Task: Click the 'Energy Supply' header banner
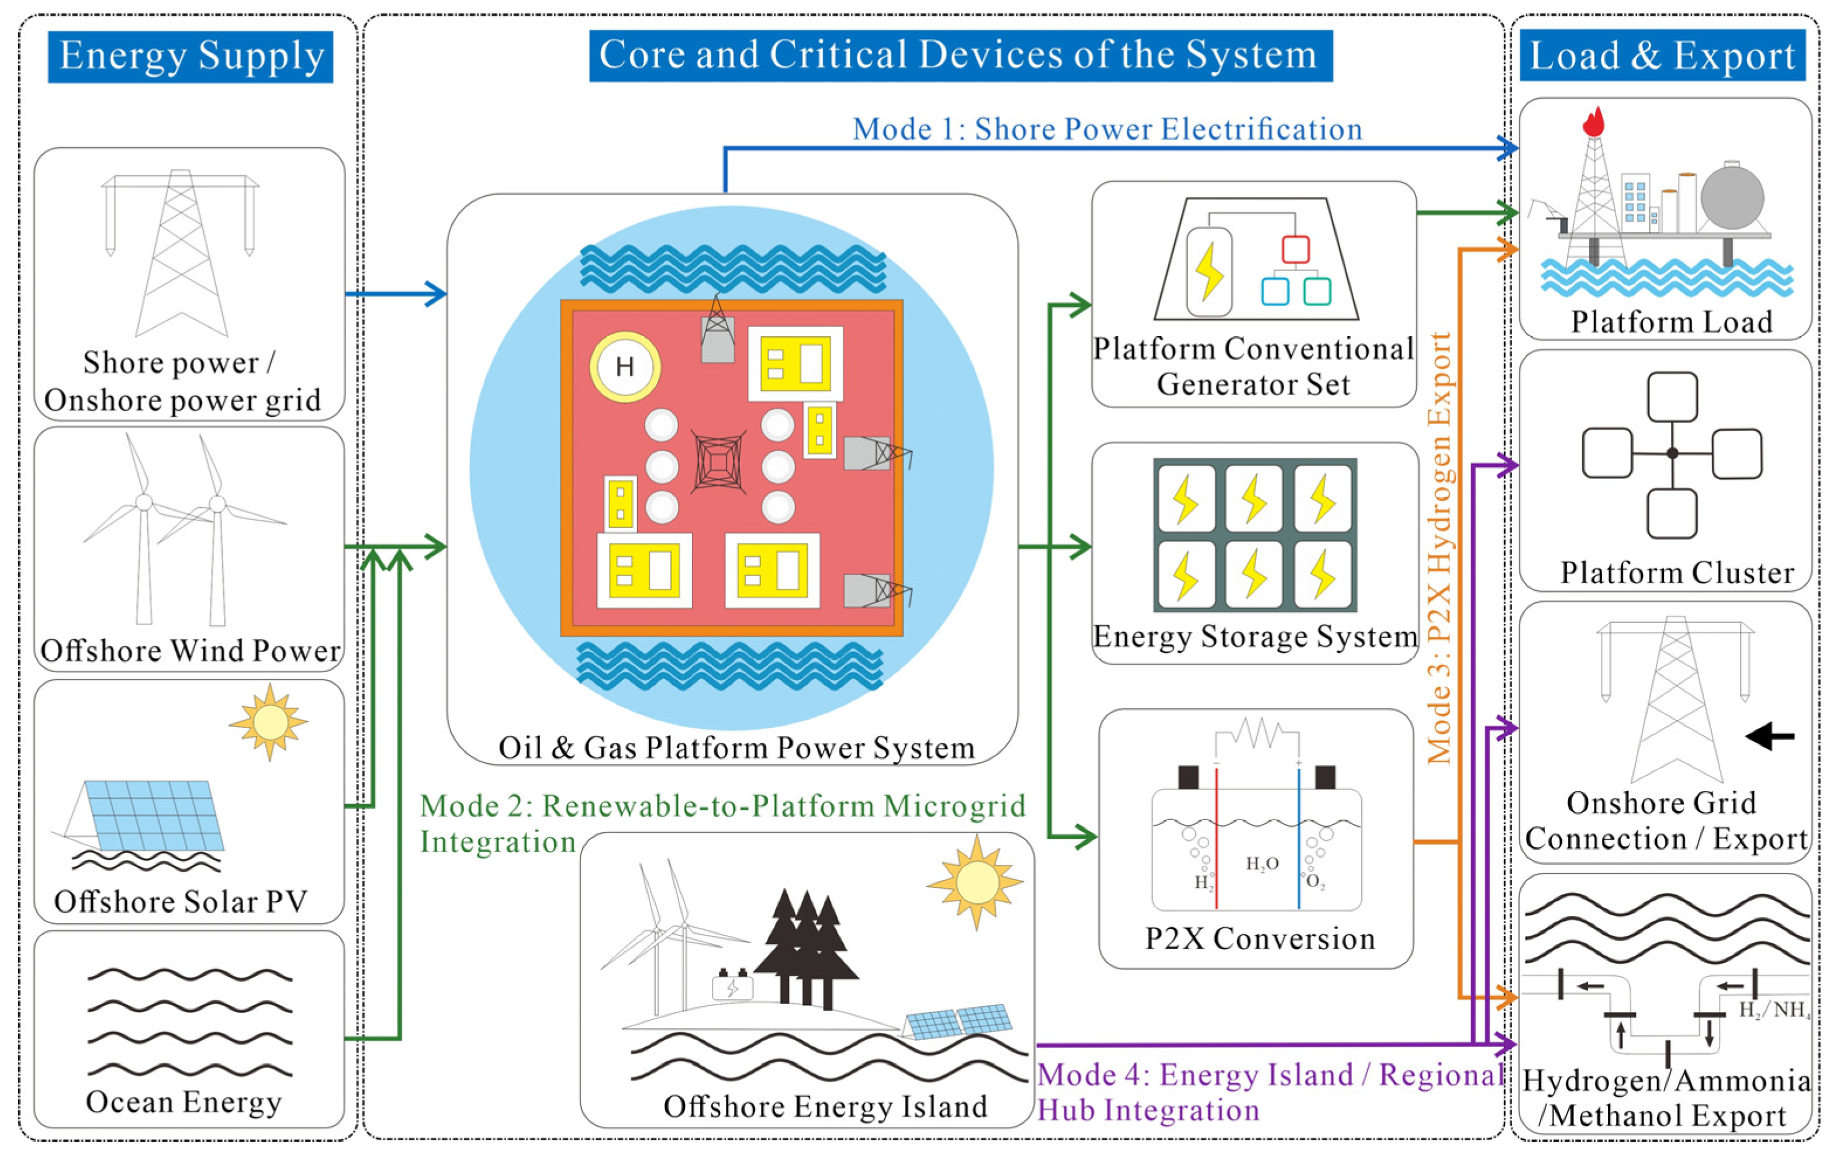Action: [190, 57]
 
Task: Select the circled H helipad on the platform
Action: [625, 367]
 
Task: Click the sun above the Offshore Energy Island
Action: [975, 882]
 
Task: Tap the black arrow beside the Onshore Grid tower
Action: [1769, 736]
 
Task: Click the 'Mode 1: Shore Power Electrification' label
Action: [1107, 129]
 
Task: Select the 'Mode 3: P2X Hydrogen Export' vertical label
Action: [1440, 547]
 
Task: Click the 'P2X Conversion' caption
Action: [1260, 938]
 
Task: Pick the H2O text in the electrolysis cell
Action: [1262, 864]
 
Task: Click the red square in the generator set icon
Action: [1295, 249]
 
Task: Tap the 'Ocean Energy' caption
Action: [184, 1102]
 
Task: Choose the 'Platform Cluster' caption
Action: [1677, 573]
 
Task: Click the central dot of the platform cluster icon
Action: [1672, 453]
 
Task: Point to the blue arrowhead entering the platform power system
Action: [435, 294]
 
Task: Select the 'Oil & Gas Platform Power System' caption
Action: [736, 747]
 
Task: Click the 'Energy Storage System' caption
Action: [1255, 637]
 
